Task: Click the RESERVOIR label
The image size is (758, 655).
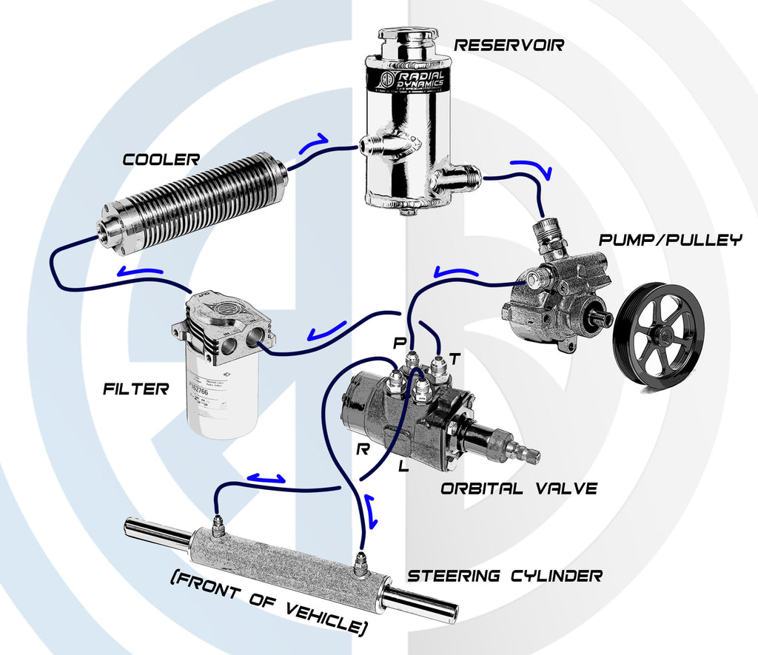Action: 509,44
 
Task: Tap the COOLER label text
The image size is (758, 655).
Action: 161,159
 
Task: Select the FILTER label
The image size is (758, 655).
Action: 135,388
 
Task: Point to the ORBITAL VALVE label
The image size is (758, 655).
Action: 518,488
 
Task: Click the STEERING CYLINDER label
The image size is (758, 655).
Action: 506,575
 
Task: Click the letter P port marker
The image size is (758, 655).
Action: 400,343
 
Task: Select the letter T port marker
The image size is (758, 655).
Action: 455,359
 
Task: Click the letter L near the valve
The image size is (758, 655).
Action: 403,466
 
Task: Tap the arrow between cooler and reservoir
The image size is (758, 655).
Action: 313,142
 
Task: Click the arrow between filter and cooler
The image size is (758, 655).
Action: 140,272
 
